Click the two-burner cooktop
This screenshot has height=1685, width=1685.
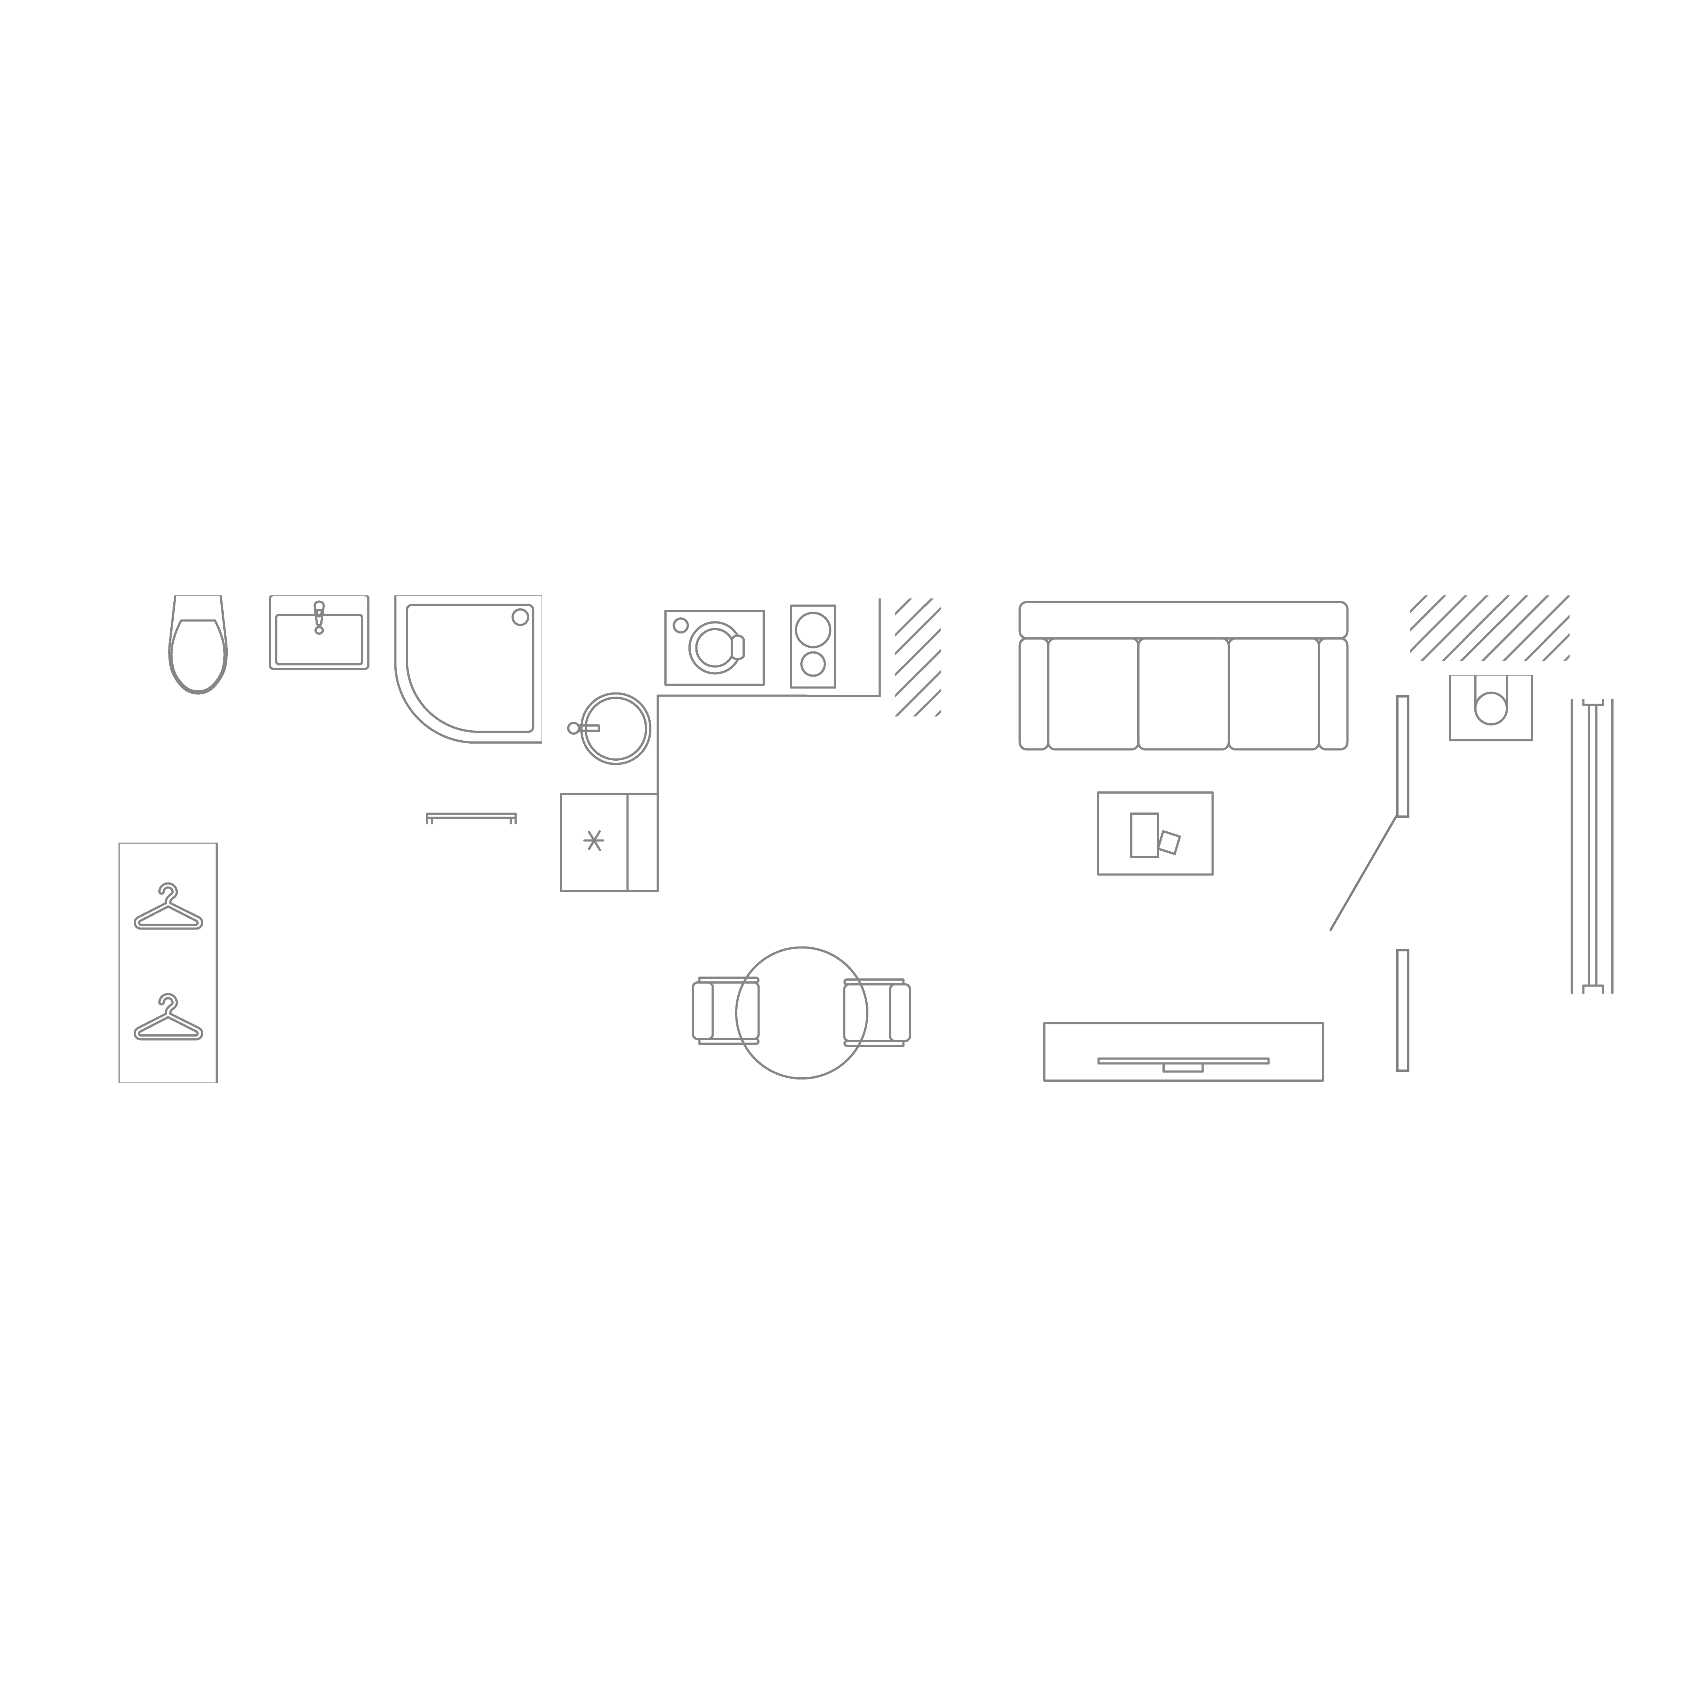click(813, 646)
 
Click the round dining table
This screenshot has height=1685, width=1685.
click(801, 1012)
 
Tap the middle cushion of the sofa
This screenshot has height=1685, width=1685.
click(1184, 693)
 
